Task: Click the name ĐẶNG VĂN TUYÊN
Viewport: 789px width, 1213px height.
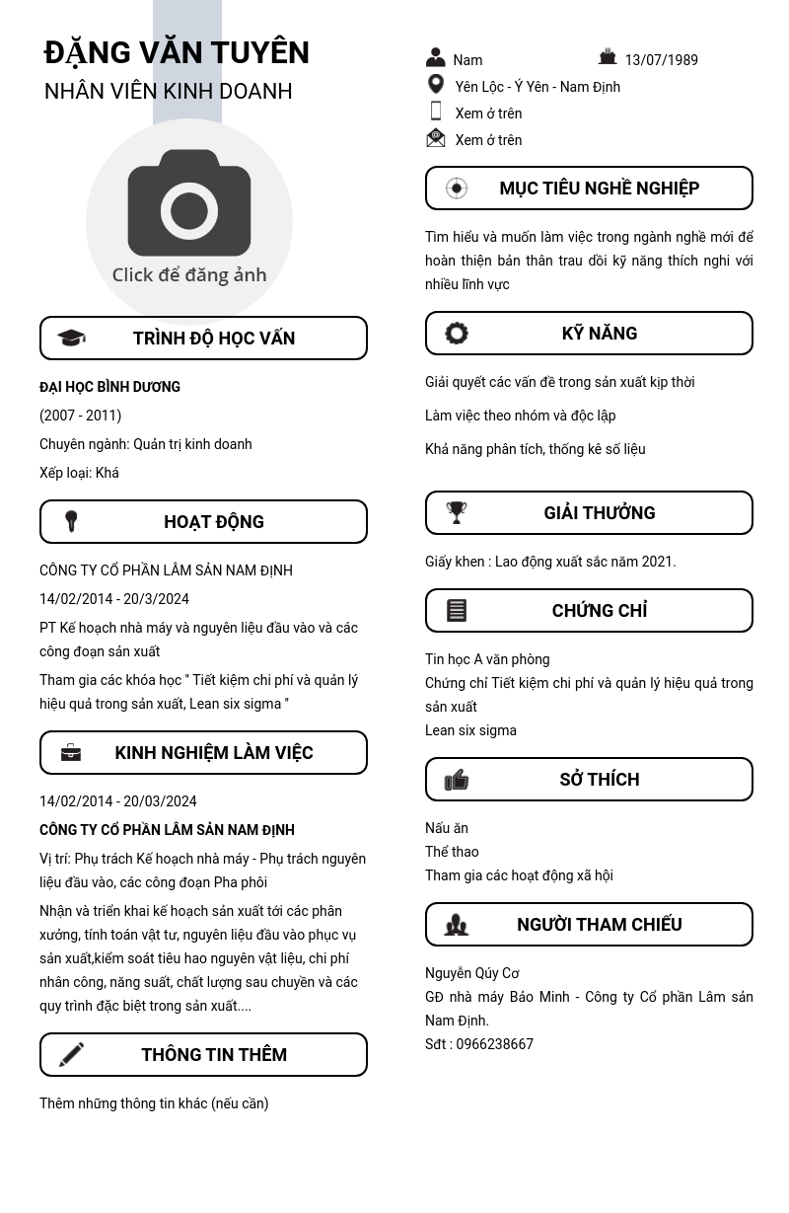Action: pos(177,52)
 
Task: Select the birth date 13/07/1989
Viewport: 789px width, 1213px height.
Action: pos(661,60)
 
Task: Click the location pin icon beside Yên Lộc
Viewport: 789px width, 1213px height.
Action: pos(436,85)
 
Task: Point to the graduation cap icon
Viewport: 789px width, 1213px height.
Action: pos(71,339)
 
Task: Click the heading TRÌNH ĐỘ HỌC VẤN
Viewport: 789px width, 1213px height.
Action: pos(214,339)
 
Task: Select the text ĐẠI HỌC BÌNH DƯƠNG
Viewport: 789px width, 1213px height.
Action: pos(109,387)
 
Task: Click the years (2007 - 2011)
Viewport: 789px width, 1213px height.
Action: pos(80,416)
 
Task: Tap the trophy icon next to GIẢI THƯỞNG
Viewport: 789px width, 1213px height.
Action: pos(457,512)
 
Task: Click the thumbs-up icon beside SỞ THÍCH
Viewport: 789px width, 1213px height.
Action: pos(457,780)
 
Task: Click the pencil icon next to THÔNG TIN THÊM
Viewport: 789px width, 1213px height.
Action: pos(71,1054)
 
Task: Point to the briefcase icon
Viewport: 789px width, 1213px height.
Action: pos(71,753)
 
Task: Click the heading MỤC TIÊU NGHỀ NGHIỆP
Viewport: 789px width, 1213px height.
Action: pos(599,189)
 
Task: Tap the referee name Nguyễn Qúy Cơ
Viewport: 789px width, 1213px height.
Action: pos(472,973)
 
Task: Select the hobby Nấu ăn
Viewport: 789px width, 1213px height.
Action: pos(447,828)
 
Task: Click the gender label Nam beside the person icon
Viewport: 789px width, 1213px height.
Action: pos(467,60)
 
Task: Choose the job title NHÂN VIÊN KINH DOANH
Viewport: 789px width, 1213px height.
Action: pos(169,91)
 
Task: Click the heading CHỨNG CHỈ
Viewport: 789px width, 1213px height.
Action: pos(599,611)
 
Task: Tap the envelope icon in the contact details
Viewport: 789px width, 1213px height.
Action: pos(436,138)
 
